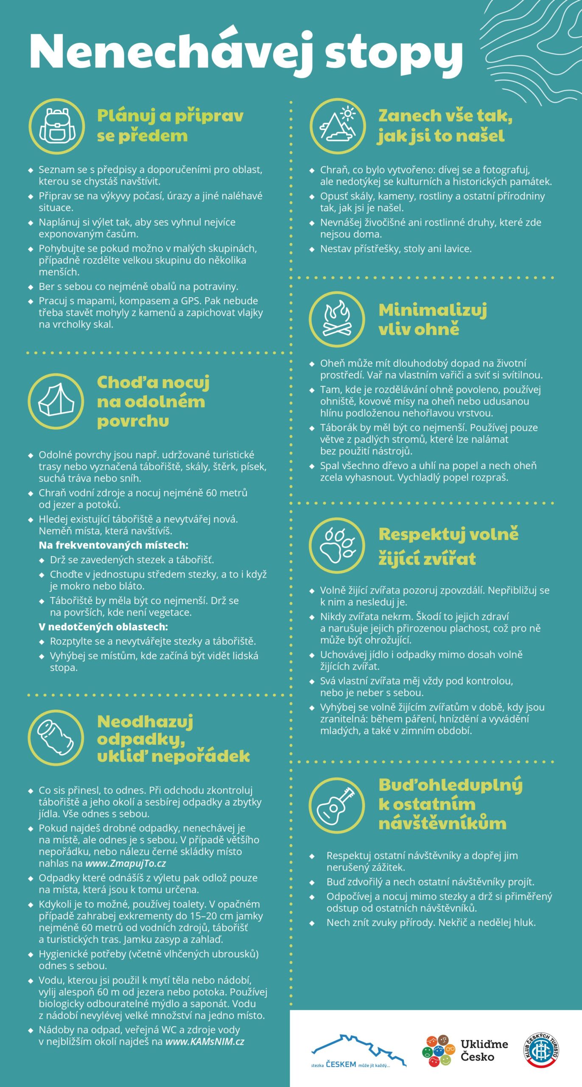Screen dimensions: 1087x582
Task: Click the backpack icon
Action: pos(56,126)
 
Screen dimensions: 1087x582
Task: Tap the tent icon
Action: pos(56,401)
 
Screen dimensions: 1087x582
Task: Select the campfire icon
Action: pos(337,319)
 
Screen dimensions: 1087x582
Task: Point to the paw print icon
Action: pos(337,545)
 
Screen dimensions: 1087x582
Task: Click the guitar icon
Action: pos(337,805)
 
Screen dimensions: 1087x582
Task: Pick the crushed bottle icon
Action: pos(56,738)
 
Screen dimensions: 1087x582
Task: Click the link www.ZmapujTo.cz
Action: pos(126,863)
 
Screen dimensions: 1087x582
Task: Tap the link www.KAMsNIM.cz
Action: pos(204,1042)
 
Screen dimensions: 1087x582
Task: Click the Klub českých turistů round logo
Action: pos(542,1050)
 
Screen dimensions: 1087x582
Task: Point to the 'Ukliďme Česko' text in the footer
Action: pos(484,1050)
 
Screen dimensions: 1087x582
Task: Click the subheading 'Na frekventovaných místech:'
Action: pos(113,545)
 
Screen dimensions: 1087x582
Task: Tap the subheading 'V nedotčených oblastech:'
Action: pos(103,627)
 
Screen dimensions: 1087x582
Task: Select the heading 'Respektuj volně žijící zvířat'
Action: pos(448,546)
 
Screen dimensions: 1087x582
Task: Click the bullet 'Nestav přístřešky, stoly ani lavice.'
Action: pos(395,249)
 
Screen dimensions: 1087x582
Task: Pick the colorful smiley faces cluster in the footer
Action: pos(438,1050)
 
